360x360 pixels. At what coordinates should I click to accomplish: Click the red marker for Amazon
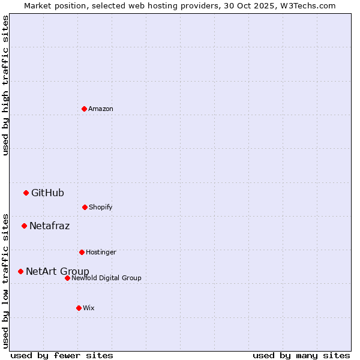84,109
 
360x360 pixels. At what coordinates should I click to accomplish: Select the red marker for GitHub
26,193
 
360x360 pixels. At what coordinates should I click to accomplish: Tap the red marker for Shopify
85,207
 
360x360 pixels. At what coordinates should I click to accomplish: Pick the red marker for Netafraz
24,226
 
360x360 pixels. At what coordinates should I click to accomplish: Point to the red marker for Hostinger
82,252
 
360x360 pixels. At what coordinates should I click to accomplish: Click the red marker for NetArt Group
20,271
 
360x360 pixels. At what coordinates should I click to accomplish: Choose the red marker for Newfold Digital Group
67,278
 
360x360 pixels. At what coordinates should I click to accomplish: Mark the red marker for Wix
79,308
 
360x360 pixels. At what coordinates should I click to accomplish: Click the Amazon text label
101,109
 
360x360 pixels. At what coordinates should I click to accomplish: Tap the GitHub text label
47,193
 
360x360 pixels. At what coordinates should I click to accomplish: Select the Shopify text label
101,207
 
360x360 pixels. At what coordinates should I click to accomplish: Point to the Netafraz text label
49,226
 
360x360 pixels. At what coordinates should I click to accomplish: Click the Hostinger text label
101,252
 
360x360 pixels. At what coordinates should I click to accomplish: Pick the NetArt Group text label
57,271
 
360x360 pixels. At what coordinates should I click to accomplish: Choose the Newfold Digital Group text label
106,278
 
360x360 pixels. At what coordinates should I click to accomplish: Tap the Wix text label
89,308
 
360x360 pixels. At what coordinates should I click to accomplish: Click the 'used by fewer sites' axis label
61,355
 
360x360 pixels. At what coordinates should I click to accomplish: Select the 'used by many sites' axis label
301,355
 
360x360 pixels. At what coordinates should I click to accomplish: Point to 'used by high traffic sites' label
5,85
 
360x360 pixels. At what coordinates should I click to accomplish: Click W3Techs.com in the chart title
306,5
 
